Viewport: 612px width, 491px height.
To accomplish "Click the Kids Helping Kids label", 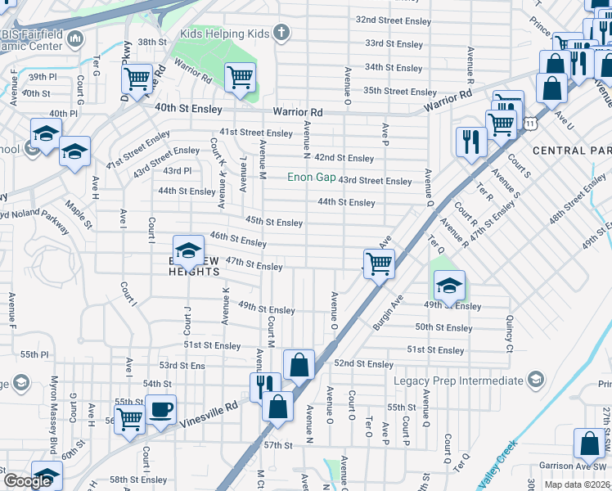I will (x=224, y=34).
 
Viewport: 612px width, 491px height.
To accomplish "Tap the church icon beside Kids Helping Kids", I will (x=281, y=34).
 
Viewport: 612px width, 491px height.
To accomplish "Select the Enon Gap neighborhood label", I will (x=311, y=178).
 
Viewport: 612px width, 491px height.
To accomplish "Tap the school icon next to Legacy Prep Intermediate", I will (x=535, y=381).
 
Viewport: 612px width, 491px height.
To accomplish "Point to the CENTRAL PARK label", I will (x=571, y=151).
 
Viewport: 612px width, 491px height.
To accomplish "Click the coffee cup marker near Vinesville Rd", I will (x=160, y=408).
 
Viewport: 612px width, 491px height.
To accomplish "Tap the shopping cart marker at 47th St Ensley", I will (x=379, y=264).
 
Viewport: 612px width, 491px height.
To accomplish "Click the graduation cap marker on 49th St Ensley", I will (x=449, y=285).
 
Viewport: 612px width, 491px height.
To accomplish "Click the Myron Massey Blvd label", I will (x=55, y=422).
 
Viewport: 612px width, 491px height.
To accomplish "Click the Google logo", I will (x=29, y=481).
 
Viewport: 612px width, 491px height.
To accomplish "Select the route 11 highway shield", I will (x=531, y=123).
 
